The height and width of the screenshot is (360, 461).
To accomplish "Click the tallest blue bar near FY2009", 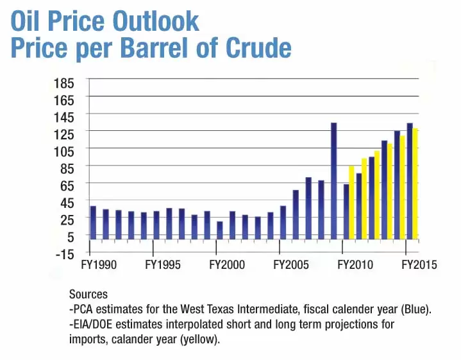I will [333, 180].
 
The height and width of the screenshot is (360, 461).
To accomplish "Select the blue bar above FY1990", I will [93, 222].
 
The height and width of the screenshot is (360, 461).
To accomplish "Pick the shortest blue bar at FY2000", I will [220, 230].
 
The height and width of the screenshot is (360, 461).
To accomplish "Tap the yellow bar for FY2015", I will [415, 183].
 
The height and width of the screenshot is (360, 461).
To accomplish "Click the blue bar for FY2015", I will [410, 180].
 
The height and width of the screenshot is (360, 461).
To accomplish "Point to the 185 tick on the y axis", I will [67, 83].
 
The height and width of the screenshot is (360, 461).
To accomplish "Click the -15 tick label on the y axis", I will [67, 253].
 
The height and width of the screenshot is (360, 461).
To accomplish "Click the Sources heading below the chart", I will [88, 295].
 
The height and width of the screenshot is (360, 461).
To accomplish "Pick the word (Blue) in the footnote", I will [415, 309].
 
